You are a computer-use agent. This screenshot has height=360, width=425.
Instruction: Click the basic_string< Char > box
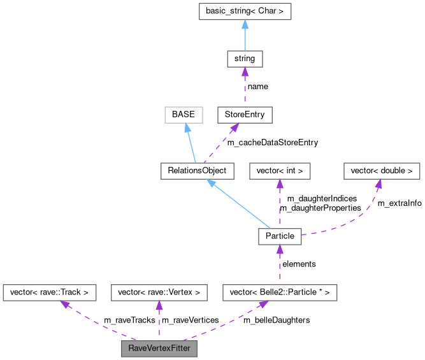(245, 11)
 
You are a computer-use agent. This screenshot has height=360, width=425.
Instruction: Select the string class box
(245, 59)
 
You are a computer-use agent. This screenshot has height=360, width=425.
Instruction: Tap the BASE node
(183, 115)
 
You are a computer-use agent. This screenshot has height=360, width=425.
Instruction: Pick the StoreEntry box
(245, 115)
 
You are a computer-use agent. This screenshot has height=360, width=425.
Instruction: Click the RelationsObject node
(198, 171)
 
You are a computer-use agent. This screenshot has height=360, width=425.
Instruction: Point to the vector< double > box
(382, 171)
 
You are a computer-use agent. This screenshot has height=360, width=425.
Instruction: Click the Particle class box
(279, 236)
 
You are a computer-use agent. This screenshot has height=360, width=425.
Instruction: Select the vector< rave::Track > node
(50, 292)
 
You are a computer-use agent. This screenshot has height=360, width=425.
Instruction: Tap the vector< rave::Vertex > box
(159, 292)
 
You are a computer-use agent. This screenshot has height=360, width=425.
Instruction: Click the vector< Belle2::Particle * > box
(279, 292)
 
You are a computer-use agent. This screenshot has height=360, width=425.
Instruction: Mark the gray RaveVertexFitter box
(159, 349)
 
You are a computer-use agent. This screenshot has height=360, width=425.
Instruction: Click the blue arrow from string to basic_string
(245, 35)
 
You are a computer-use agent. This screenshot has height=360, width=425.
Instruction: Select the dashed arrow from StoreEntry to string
(245, 87)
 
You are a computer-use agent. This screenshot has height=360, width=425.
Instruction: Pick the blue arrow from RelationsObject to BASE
(191, 143)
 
